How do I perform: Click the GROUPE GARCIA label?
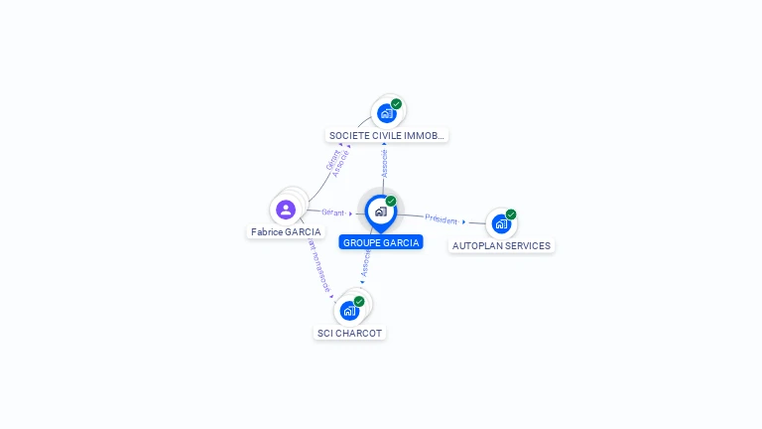(x=381, y=242)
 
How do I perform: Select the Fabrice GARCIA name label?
(x=286, y=231)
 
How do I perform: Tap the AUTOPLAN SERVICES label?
(x=501, y=245)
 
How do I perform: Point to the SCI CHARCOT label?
(x=349, y=333)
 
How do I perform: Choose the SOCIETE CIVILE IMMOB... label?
(x=387, y=135)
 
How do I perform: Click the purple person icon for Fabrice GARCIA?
(x=286, y=210)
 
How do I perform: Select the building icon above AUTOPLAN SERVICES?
(x=500, y=223)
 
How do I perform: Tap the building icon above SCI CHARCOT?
(x=348, y=311)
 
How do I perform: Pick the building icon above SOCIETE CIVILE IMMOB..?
(x=386, y=113)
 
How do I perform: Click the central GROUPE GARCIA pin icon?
(x=380, y=212)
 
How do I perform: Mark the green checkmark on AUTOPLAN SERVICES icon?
(x=511, y=214)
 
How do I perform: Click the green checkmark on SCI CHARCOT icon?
(x=359, y=301)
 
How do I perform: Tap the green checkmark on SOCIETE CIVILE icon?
(x=396, y=104)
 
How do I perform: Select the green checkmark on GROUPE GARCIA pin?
(x=391, y=202)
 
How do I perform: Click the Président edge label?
(x=442, y=218)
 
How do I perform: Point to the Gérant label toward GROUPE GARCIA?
(x=332, y=213)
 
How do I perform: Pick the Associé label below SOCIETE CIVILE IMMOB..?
(x=384, y=163)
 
